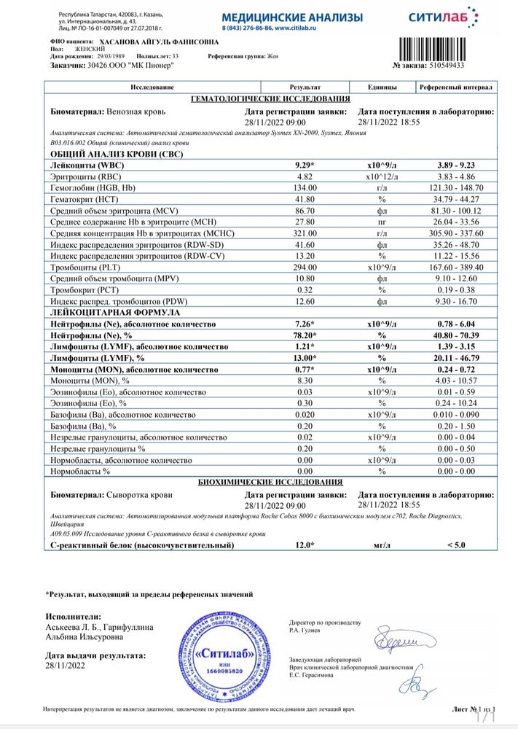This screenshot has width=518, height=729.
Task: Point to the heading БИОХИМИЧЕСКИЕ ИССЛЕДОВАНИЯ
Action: pos(270,482)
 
